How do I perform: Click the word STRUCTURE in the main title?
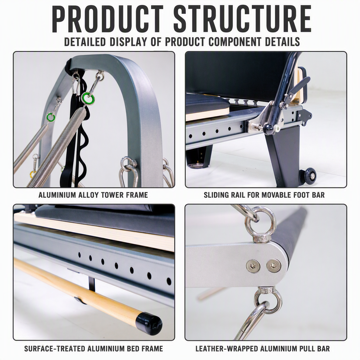click(x=242, y=19)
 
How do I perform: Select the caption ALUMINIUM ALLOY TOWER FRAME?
click(x=93, y=195)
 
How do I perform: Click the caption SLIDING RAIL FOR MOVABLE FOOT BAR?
click(x=264, y=195)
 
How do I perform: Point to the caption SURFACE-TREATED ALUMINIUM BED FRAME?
click(x=93, y=348)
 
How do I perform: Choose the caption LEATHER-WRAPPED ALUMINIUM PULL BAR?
click(x=262, y=348)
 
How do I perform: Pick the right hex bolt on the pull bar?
click(x=273, y=265)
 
